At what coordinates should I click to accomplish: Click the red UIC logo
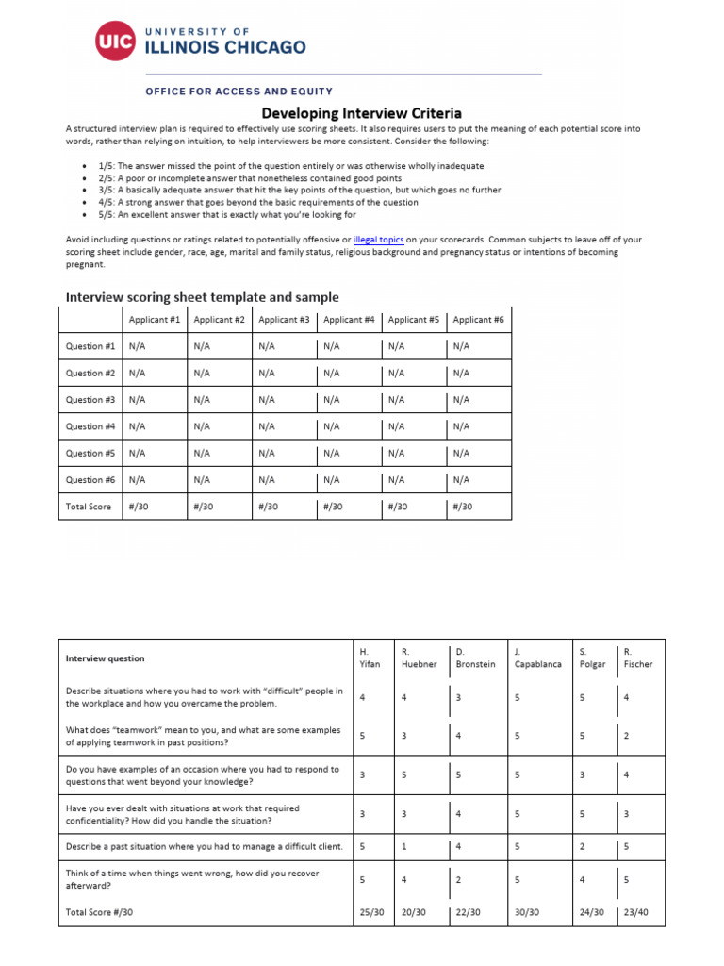[x=115, y=40]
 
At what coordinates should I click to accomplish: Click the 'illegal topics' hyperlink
[x=378, y=241]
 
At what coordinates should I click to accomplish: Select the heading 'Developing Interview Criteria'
[x=361, y=113]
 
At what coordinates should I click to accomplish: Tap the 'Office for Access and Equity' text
[x=239, y=92]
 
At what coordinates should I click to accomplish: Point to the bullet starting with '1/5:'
[x=290, y=165]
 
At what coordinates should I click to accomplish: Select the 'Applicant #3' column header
[x=284, y=320]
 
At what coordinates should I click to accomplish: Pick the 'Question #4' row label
[x=90, y=426]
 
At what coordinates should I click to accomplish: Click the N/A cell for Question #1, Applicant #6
[x=461, y=346]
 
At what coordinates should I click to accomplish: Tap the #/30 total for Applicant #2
[x=204, y=507]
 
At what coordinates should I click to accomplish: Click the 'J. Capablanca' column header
[x=537, y=658]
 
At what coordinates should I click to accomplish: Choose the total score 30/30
[x=527, y=912]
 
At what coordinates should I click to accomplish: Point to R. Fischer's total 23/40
[x=637, y=912]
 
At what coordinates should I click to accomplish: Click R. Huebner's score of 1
[x=404, y=846]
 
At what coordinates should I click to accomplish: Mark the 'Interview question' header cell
[x=105, y=658]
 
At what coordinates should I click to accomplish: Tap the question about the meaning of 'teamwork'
[x=202, y=736]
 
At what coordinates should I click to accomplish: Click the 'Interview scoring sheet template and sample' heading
[x=202, y=296]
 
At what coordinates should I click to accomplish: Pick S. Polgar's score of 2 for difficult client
[x=582, y=846]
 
